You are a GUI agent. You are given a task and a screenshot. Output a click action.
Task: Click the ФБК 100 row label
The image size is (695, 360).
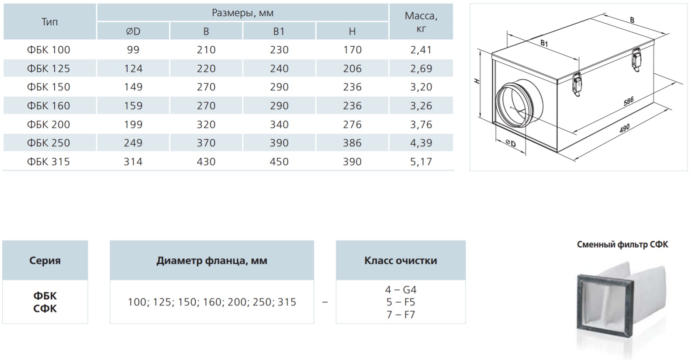pos(48,50)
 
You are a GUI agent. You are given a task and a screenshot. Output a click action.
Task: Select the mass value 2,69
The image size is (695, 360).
pos(421,69)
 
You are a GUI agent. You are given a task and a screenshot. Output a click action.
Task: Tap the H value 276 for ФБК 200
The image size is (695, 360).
pos(352,125)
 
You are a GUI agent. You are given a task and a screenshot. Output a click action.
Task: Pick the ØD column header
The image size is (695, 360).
pos(133,31)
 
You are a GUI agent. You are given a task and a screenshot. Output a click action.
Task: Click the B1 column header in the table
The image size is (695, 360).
pos(279,31)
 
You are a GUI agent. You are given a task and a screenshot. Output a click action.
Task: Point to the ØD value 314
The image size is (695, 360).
pos(133,162)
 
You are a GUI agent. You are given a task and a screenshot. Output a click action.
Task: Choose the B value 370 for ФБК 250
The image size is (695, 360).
pos(206,143)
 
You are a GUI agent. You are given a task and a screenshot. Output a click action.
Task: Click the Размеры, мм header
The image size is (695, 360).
pos(242,13)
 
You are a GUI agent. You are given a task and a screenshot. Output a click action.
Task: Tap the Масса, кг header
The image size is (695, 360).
pos(421,22)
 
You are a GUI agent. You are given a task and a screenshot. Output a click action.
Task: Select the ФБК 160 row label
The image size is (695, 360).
pos(48,106)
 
